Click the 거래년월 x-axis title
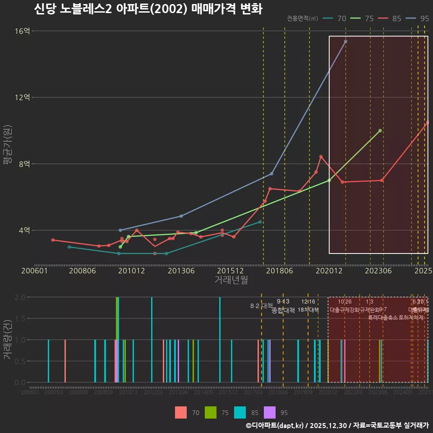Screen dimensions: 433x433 pos(231,280)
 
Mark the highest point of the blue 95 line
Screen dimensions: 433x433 pos(345,41)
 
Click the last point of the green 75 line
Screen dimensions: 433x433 pos(380,130)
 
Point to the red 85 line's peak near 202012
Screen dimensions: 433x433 pos(321,157)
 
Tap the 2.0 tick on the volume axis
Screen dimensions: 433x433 pos(20,297)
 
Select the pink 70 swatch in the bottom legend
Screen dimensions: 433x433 pos(181,412)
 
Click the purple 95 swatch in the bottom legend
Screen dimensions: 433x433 pos(269,412)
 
